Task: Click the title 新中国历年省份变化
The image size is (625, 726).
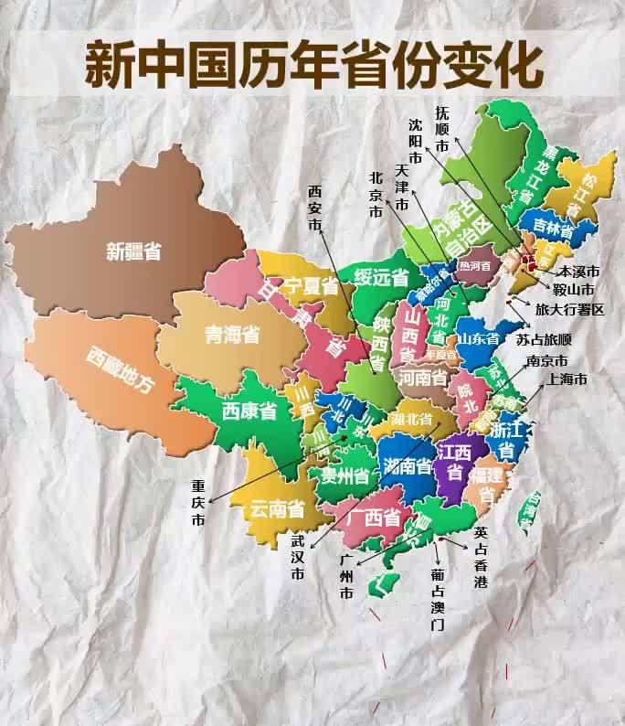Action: point(313,61)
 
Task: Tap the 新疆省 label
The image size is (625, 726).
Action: point(133,251)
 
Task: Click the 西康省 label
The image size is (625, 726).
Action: point(249,411)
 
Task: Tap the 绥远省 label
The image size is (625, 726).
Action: point(381,278)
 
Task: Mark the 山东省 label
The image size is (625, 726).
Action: point(480,338)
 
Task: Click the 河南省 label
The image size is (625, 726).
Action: point(423,377)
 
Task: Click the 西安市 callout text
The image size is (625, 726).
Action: point(315,208)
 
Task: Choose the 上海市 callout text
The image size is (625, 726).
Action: point(567,379)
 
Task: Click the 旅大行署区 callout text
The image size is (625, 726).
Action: point(569,310)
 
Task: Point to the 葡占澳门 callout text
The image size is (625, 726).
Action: point(438,599)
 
